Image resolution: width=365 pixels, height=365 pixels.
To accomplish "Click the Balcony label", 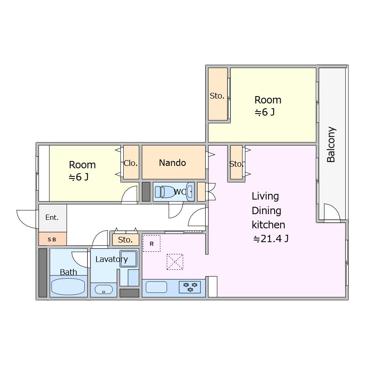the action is [x=331, y=144].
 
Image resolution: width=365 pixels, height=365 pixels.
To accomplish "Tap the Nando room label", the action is [x=172, y=163].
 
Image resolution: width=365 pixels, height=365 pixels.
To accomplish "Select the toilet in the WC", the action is [x=164, y=192].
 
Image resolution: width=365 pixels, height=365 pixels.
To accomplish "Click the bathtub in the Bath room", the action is [x=68, y=287].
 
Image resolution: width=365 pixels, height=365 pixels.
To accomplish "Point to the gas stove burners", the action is [x=190, y=287].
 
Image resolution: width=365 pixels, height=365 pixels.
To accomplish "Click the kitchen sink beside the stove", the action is [x=156, y=287].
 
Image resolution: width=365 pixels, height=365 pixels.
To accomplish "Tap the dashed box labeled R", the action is [x=152, y=243].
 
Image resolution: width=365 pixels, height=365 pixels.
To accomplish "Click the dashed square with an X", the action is [x=175, y=262].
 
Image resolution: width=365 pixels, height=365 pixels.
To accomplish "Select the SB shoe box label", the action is [x=52, y=239].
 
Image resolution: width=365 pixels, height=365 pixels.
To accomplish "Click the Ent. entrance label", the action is [x=52, y=217].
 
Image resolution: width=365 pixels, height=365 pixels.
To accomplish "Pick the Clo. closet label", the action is [x=131, y=163].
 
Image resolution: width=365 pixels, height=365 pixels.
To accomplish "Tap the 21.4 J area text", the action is [x=271, y=238].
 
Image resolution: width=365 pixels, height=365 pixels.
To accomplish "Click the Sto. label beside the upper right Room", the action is [x=217, y=96].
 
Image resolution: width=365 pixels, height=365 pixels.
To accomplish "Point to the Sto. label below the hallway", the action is [x=125, y=240].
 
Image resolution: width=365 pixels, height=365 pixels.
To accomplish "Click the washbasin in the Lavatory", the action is [x=103, y=290].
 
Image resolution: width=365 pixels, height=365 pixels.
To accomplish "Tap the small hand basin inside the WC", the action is [x=191, y=191].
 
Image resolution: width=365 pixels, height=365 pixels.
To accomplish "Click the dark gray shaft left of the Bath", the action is [x=43, y=273].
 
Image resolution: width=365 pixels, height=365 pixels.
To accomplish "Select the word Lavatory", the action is [x=112, y=259].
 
